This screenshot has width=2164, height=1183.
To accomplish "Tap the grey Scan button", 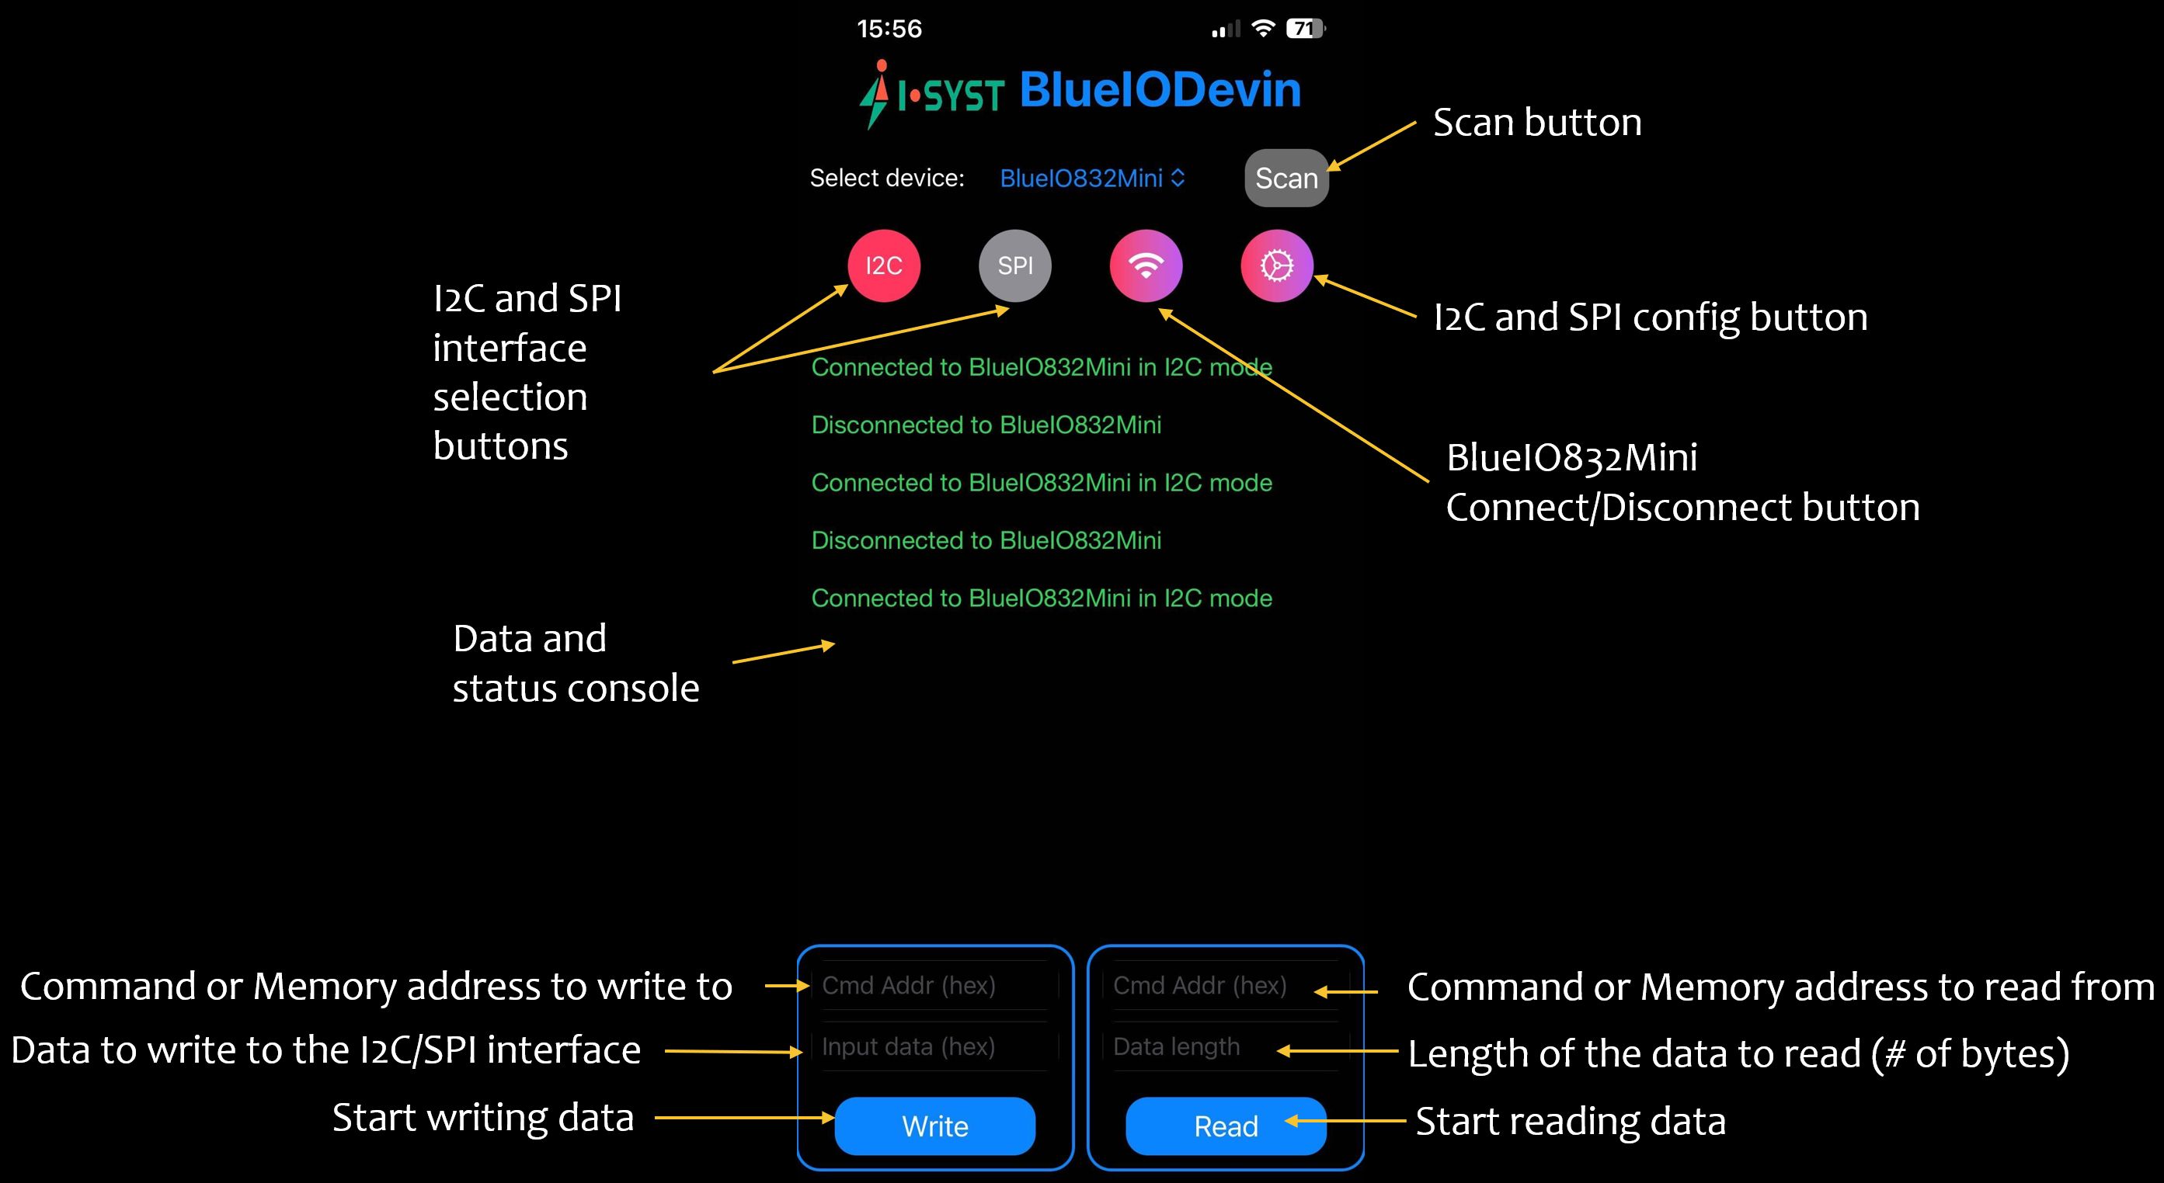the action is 1286,178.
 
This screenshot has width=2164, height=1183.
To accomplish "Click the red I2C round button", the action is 884,265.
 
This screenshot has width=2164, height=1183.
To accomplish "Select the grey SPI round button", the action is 1014,265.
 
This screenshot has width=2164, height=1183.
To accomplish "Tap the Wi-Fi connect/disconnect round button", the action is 1146,265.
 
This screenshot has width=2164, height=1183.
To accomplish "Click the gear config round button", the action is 1277,265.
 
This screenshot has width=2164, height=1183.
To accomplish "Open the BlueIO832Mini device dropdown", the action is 1092,178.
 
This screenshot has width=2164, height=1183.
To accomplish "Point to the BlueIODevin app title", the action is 1160,90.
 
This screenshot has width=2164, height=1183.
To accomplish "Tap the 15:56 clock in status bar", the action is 889,29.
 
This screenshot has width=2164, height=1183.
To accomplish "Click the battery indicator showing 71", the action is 1306,29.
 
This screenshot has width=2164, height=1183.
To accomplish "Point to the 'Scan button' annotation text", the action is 1537,123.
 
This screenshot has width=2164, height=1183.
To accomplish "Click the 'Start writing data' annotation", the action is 483,1118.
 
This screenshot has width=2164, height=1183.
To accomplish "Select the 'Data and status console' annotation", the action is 576,663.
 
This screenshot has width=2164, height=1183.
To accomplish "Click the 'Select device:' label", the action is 887,178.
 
